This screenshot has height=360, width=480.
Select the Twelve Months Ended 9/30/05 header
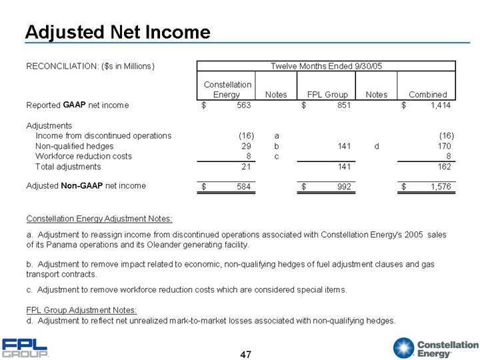(x=325, y=65)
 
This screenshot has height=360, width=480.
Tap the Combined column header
(x=427, y=95)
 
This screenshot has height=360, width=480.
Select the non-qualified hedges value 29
(x=246, y=146)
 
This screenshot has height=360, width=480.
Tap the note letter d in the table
(x=377, y=146)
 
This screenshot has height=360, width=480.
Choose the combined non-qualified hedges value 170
(x=446, y=146)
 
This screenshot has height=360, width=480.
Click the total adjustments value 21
(x=246, y=166)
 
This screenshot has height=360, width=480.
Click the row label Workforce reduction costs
(x=83, y=156)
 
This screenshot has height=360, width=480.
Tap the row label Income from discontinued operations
(x=103, y=135)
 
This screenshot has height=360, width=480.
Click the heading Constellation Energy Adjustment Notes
(x=99, y=219)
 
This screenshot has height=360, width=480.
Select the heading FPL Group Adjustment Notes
(x=81, y=310)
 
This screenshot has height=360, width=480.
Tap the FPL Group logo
(x=25, y=347)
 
